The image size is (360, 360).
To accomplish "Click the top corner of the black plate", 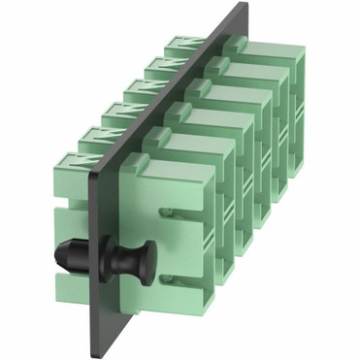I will point(244,7).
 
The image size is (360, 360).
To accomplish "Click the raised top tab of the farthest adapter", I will point(250,44).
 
